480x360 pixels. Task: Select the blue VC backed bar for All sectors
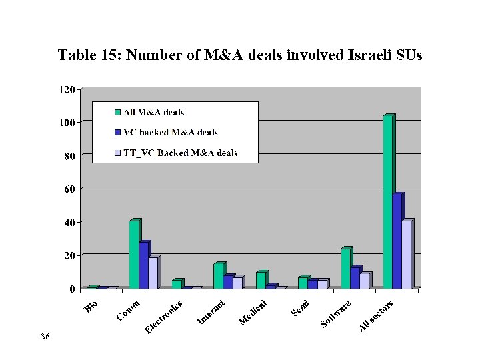(397, 241)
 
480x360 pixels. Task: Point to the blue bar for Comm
(143, 265)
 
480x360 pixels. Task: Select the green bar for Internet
(219, 276)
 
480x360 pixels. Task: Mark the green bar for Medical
(261, 280)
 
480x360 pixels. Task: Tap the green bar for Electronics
(176, 284)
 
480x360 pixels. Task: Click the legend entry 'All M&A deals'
(153, 113)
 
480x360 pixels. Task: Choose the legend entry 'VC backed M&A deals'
(171, 133)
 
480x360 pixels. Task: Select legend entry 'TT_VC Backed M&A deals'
(180, 153)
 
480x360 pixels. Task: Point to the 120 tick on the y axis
(67, 89)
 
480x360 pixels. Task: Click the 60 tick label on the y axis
(69, 189)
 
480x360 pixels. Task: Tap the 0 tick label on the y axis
(73, 289)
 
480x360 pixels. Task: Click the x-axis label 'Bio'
(92, 307)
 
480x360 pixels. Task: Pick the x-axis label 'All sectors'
(377, 316)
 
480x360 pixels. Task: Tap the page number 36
(45, 337)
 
